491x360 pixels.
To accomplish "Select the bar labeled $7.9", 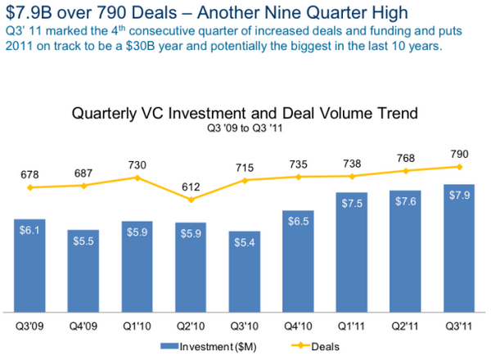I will [x=460, y=248].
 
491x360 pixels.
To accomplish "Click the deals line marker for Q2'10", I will [x=191, y=199].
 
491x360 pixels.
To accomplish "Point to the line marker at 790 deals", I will [x=460, y=166].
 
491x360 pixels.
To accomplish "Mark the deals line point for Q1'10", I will [x=137, y=178].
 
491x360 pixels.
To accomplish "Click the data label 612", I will [x=191, y=185].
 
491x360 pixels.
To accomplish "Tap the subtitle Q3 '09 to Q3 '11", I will [x=245, y=128].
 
